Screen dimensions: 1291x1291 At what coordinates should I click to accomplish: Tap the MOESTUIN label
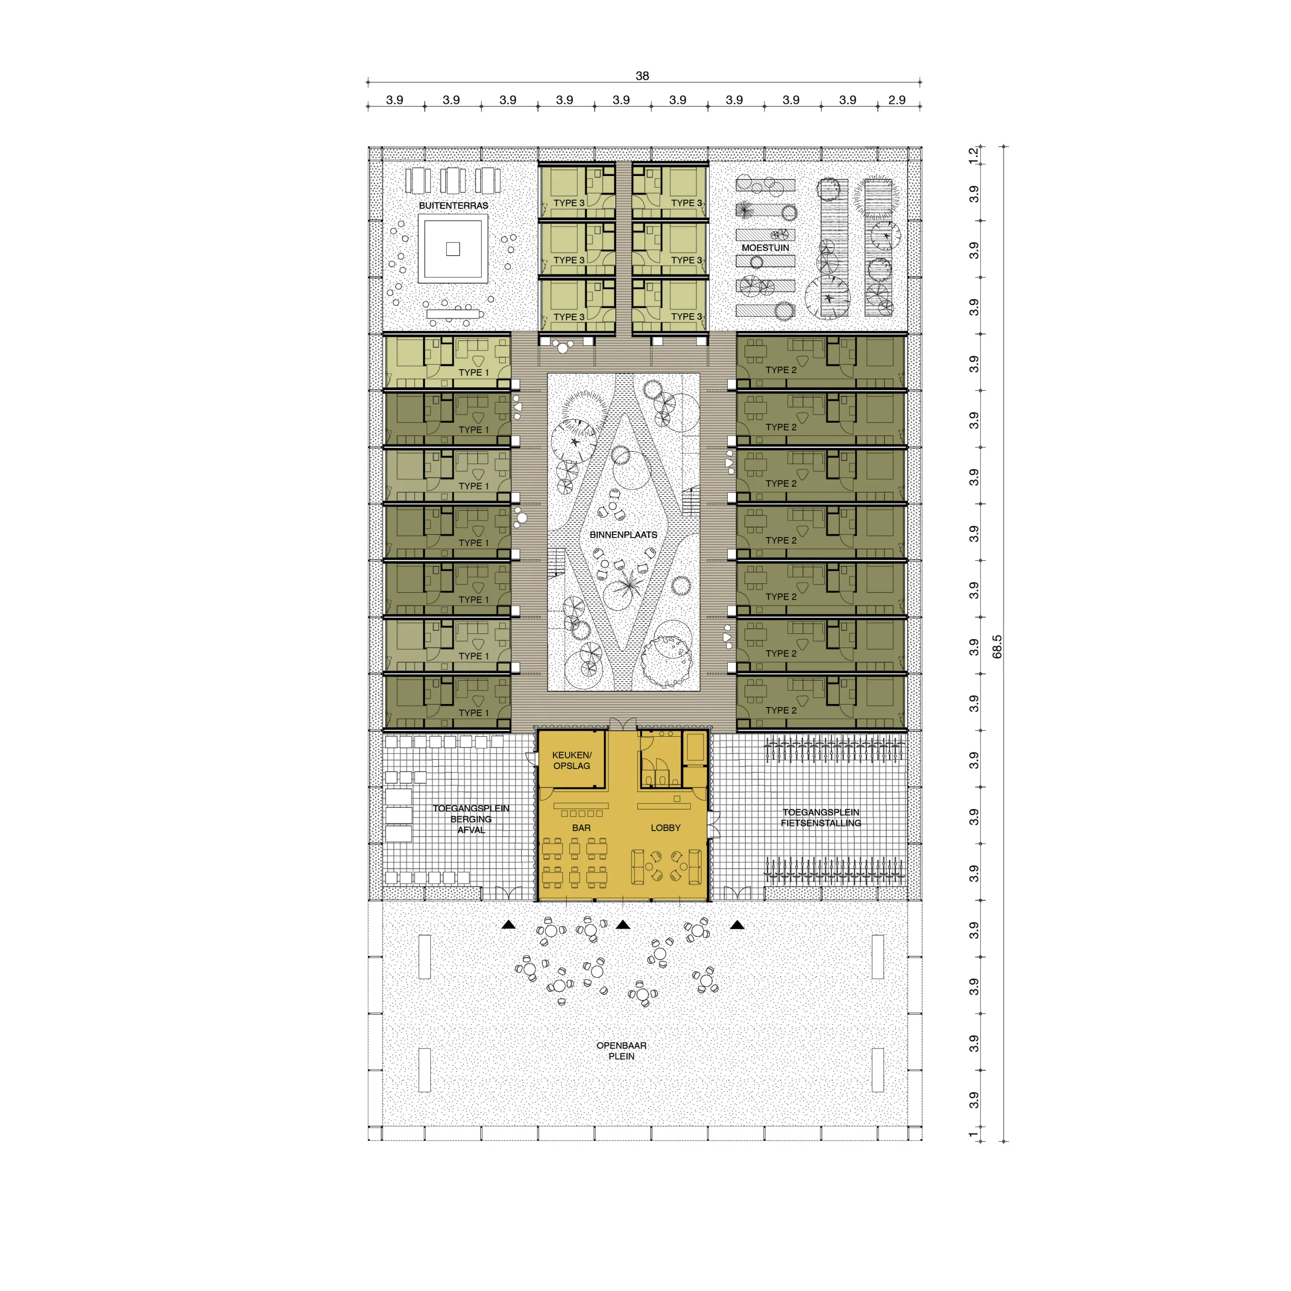pos(765,247)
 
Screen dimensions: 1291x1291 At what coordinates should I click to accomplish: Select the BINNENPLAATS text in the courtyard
pos(623,535)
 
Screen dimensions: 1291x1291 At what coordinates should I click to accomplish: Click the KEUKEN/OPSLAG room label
pos(571,760)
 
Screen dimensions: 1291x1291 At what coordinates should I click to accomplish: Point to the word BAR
pos(580,827)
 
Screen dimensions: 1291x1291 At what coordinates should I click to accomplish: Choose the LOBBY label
pos(666,827)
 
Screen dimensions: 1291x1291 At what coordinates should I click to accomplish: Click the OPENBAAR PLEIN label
pos(621,1050)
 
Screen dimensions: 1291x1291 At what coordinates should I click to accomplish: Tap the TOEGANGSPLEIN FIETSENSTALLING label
pos(820,817)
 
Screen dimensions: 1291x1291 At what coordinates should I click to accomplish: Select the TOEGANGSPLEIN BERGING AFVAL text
pos(471,818)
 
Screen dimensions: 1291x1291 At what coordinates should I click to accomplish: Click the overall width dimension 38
pos(642,76)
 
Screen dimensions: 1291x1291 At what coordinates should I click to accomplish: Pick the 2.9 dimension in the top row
pos(897,99)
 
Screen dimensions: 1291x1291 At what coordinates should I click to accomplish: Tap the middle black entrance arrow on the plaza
pos(623,925)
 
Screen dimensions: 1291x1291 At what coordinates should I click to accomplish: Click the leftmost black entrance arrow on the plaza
pos(508,925)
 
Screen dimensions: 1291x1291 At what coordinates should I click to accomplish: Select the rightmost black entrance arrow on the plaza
pos(737,925)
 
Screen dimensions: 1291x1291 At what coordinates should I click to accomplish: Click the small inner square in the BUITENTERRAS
pos(453,249)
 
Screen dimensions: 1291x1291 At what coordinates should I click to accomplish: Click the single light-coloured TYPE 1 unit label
pos(473,372)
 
